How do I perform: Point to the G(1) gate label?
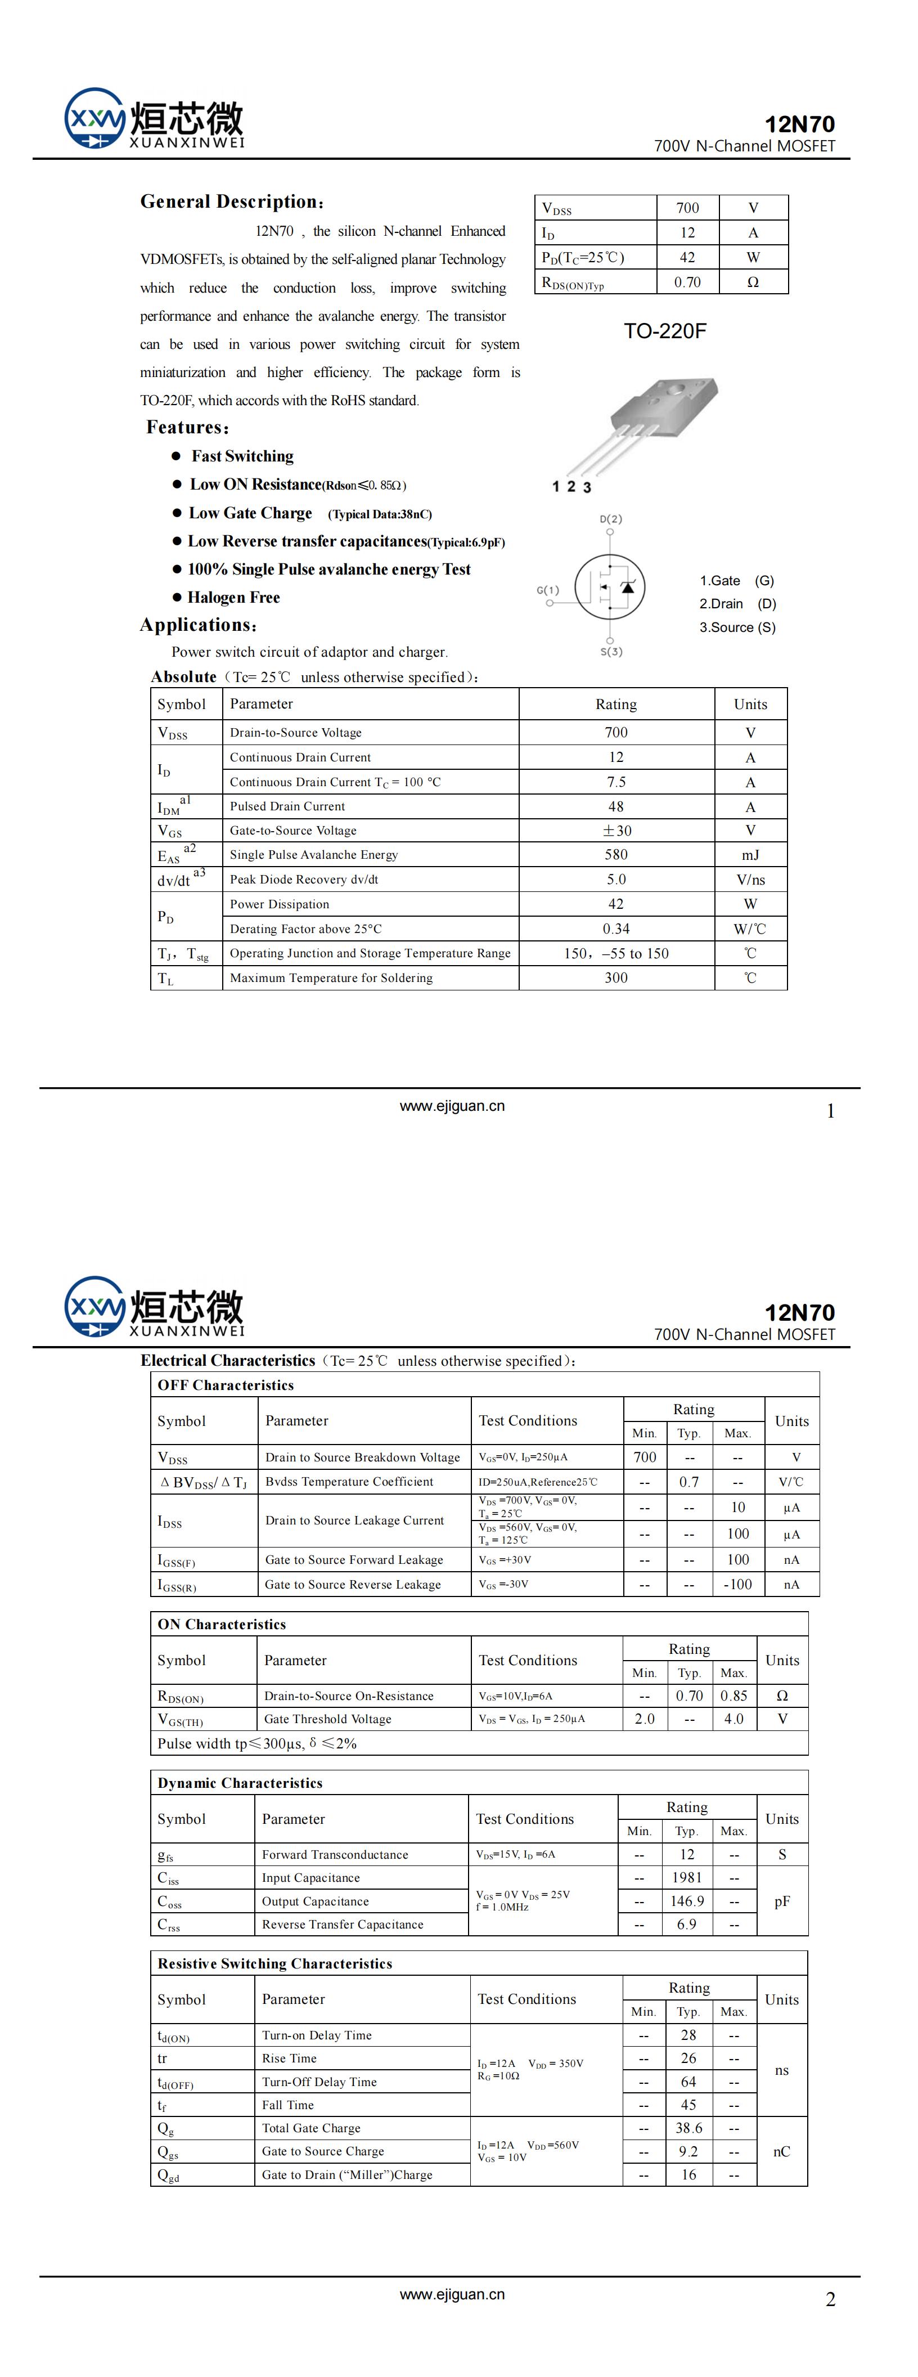[x=548, y=590]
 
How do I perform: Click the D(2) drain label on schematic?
[x=611, y=519]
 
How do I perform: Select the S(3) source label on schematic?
[x=611, y=652]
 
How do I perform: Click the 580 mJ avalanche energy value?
[x=615, y=854]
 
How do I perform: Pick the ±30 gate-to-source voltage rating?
[x=615, y=831]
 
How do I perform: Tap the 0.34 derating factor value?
[x=615, y=929]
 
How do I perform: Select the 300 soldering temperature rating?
[x=615, y=977]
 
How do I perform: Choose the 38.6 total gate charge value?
[x=688, y=2127]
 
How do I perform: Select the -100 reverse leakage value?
[x=737, y=1584]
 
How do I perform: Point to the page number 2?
[x=830, y=2299]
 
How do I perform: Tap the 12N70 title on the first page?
[x=799, y=124]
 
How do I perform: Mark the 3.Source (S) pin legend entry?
[x=737, y=627]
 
